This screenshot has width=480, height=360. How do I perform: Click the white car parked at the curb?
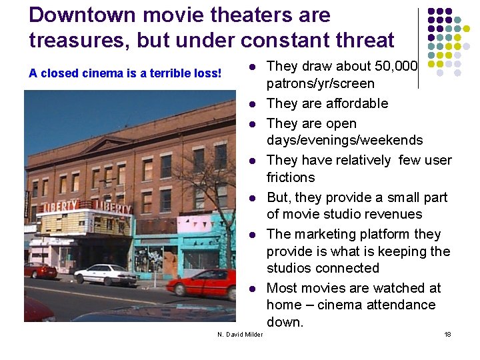105,274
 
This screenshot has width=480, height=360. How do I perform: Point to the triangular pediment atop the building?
109,144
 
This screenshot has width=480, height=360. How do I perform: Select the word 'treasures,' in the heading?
79,40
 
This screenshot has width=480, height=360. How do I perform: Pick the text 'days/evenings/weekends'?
345,140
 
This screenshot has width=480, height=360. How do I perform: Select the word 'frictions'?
291,177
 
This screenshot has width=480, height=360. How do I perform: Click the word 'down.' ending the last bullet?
285,322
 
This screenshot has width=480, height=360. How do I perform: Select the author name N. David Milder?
240,334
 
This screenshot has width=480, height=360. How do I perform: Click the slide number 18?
447,334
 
